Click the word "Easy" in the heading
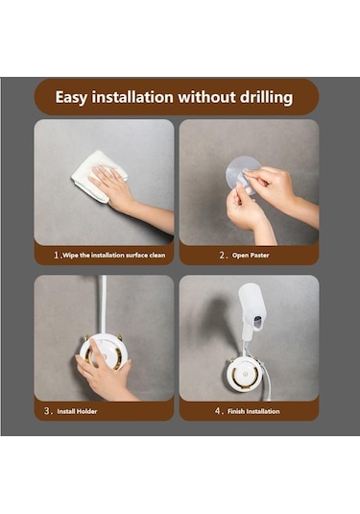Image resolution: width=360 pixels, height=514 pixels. click(x=71, y=97)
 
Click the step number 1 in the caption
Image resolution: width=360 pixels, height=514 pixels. click(x=57, y=255)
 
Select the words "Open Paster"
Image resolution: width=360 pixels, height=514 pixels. click(x=251, y=255)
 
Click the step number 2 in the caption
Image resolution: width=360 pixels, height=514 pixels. click(x=222, y=255)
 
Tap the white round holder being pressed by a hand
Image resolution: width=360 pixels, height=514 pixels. click(x=104, y=352)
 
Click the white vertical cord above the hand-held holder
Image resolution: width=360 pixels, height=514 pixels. click(x=103, y=305)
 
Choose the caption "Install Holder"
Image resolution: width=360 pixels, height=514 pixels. click(x=77, y=411)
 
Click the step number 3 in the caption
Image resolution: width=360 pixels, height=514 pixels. click(x=47, y=411)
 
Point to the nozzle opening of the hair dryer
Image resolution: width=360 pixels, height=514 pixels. click(x=258, y=322)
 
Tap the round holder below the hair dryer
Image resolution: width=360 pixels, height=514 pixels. click(x=244, y=374)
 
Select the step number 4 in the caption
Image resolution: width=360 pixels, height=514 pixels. click(x=218, y=411)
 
